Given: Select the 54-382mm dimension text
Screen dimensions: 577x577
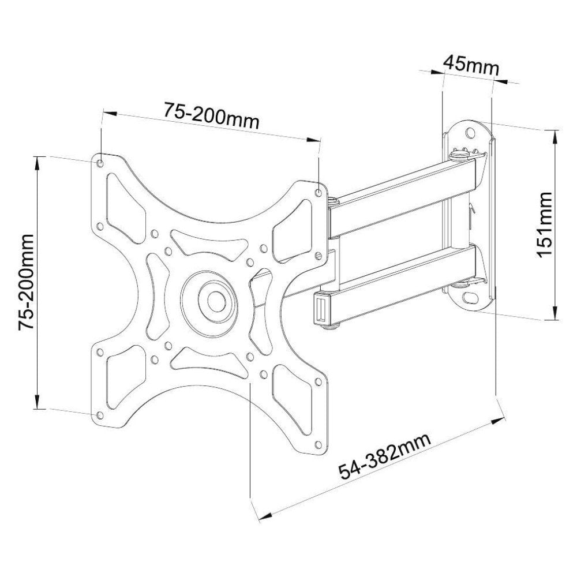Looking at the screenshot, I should click(x=385, y=457).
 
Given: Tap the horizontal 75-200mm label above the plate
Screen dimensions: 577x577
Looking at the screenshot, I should click(x=211, y=115).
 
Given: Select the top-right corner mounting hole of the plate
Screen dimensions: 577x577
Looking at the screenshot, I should click(x=319, y=193).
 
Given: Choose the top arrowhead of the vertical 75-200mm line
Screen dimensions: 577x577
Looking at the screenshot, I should click(x=38, y=159).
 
